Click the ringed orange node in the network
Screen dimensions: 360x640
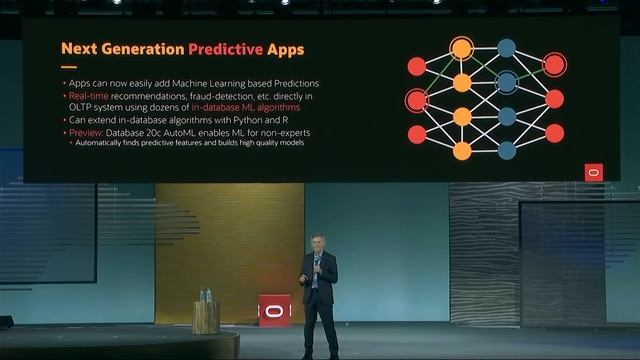(x=461, y=47)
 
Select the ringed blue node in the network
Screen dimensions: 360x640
(x=507, y=82)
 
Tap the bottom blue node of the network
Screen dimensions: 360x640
(x=507, y=150)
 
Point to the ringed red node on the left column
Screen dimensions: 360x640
(x=417, y=100)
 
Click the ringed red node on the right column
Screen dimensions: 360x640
(x=554, y=65)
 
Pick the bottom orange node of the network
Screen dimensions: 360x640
(x=462, y=151)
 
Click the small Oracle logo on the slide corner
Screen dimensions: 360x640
(x=594, y=172)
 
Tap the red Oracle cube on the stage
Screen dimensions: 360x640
(x=274, y=310)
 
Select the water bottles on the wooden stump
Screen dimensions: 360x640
(x=206, y=295)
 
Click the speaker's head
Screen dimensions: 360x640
(x=319, y=243)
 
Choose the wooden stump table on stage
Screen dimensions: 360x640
(x=206, y=317)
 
